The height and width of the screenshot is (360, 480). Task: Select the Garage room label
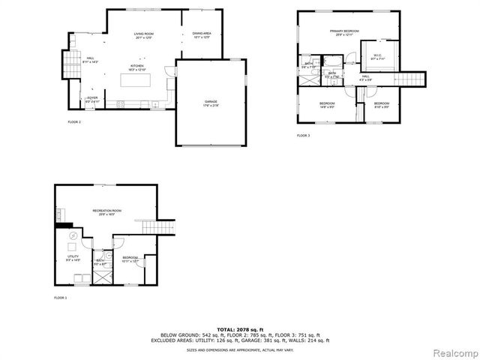tap(211, 103)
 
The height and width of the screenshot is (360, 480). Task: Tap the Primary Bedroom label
tap(343, 32)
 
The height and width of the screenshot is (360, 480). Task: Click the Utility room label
tap(73, 259)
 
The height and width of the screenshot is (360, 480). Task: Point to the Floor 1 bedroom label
tap(130, 259)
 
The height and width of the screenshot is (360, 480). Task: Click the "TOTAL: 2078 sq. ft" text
tap(240, 329)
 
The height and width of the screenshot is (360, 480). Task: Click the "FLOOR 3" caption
tap(303, 136)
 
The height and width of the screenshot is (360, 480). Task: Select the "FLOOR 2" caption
tap(74, 121)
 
